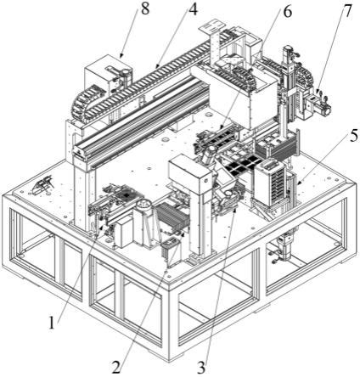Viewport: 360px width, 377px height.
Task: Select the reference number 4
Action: click(193, 9)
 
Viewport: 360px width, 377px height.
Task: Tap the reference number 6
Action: click(287, 13)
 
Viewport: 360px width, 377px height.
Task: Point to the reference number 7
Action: click(347, 11)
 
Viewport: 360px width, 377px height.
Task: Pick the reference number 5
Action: click(352, 136)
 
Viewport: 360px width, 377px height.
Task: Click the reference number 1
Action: click(52, 323)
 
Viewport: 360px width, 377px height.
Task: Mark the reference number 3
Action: click(201, 368)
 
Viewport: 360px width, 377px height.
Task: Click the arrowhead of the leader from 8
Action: click(121, 54)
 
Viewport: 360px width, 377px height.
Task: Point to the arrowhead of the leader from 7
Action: click(318, 91)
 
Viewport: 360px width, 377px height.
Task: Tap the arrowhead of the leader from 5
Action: click(298, 182)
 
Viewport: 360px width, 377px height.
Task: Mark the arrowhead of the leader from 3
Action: click(234, 211)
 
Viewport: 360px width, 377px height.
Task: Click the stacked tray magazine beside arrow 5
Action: click(269, 183)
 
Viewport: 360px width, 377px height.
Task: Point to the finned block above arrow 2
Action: click(171, 217)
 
